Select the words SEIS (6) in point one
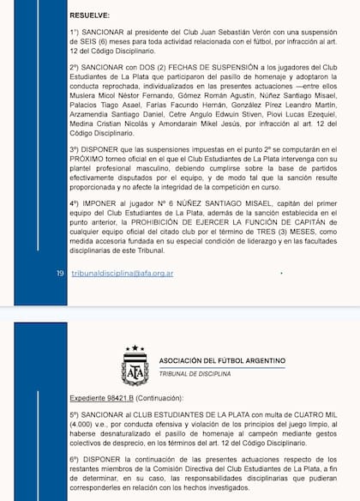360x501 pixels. tap(101, 44)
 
